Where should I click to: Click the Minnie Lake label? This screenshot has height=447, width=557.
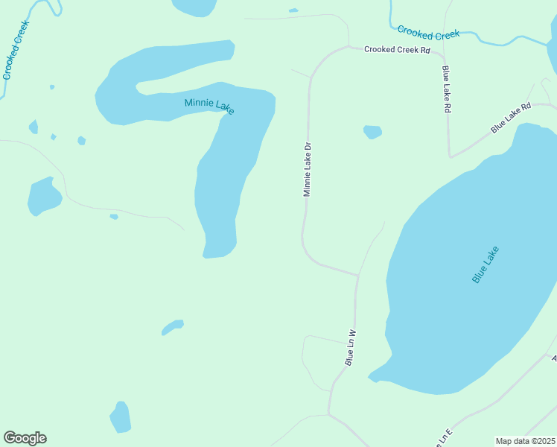point(209,105)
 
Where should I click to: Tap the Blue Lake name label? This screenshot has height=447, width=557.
point(485,264)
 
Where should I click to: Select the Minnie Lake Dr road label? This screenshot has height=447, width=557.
point(306,170)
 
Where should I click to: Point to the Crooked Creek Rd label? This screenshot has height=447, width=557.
point(398,50)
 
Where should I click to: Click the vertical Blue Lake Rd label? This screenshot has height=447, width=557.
point(447,89)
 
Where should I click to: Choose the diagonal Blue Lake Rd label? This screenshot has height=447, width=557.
point(511,118)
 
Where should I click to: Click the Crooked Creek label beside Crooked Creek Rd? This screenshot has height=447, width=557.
point(428,32)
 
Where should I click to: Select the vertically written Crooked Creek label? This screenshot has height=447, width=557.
point(16,50)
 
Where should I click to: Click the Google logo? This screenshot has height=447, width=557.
point(25,438)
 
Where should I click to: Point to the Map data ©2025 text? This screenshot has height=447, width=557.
point(526,441)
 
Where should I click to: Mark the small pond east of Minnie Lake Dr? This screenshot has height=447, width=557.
point(372,132)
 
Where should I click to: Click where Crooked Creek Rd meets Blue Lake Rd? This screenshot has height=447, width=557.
point(444,55)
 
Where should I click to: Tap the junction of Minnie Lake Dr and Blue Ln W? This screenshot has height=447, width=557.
point(358,275)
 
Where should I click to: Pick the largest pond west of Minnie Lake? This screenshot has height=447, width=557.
point(44,197)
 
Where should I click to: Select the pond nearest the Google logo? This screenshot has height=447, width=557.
point(120,417)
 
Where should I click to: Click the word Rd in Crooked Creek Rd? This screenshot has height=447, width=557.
point(425,50)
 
